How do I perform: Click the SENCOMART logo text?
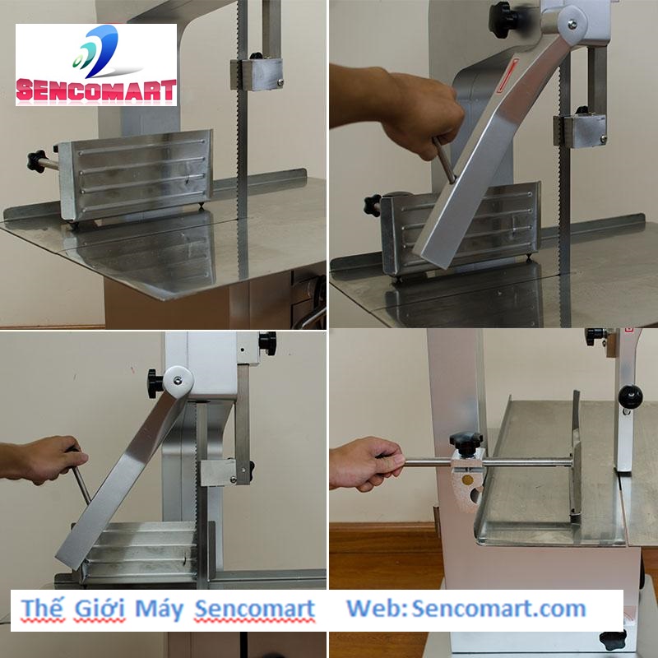[96, 90]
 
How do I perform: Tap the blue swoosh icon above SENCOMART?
[95, 51]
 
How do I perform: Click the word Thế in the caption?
[43, 609]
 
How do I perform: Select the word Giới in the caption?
[100, 609]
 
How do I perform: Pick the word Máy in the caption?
[160, 609]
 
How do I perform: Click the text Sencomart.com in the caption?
[499, 609]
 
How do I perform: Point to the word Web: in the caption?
[377, 609]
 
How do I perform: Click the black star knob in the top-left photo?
[36, 161]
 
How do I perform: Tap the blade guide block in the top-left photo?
[257, 74]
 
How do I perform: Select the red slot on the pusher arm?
[507, 76]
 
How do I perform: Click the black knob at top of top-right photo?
[503, 20]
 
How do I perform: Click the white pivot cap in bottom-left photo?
[178, 382]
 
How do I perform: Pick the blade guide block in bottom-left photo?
[219, 472]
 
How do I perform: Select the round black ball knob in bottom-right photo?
[630, 396]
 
